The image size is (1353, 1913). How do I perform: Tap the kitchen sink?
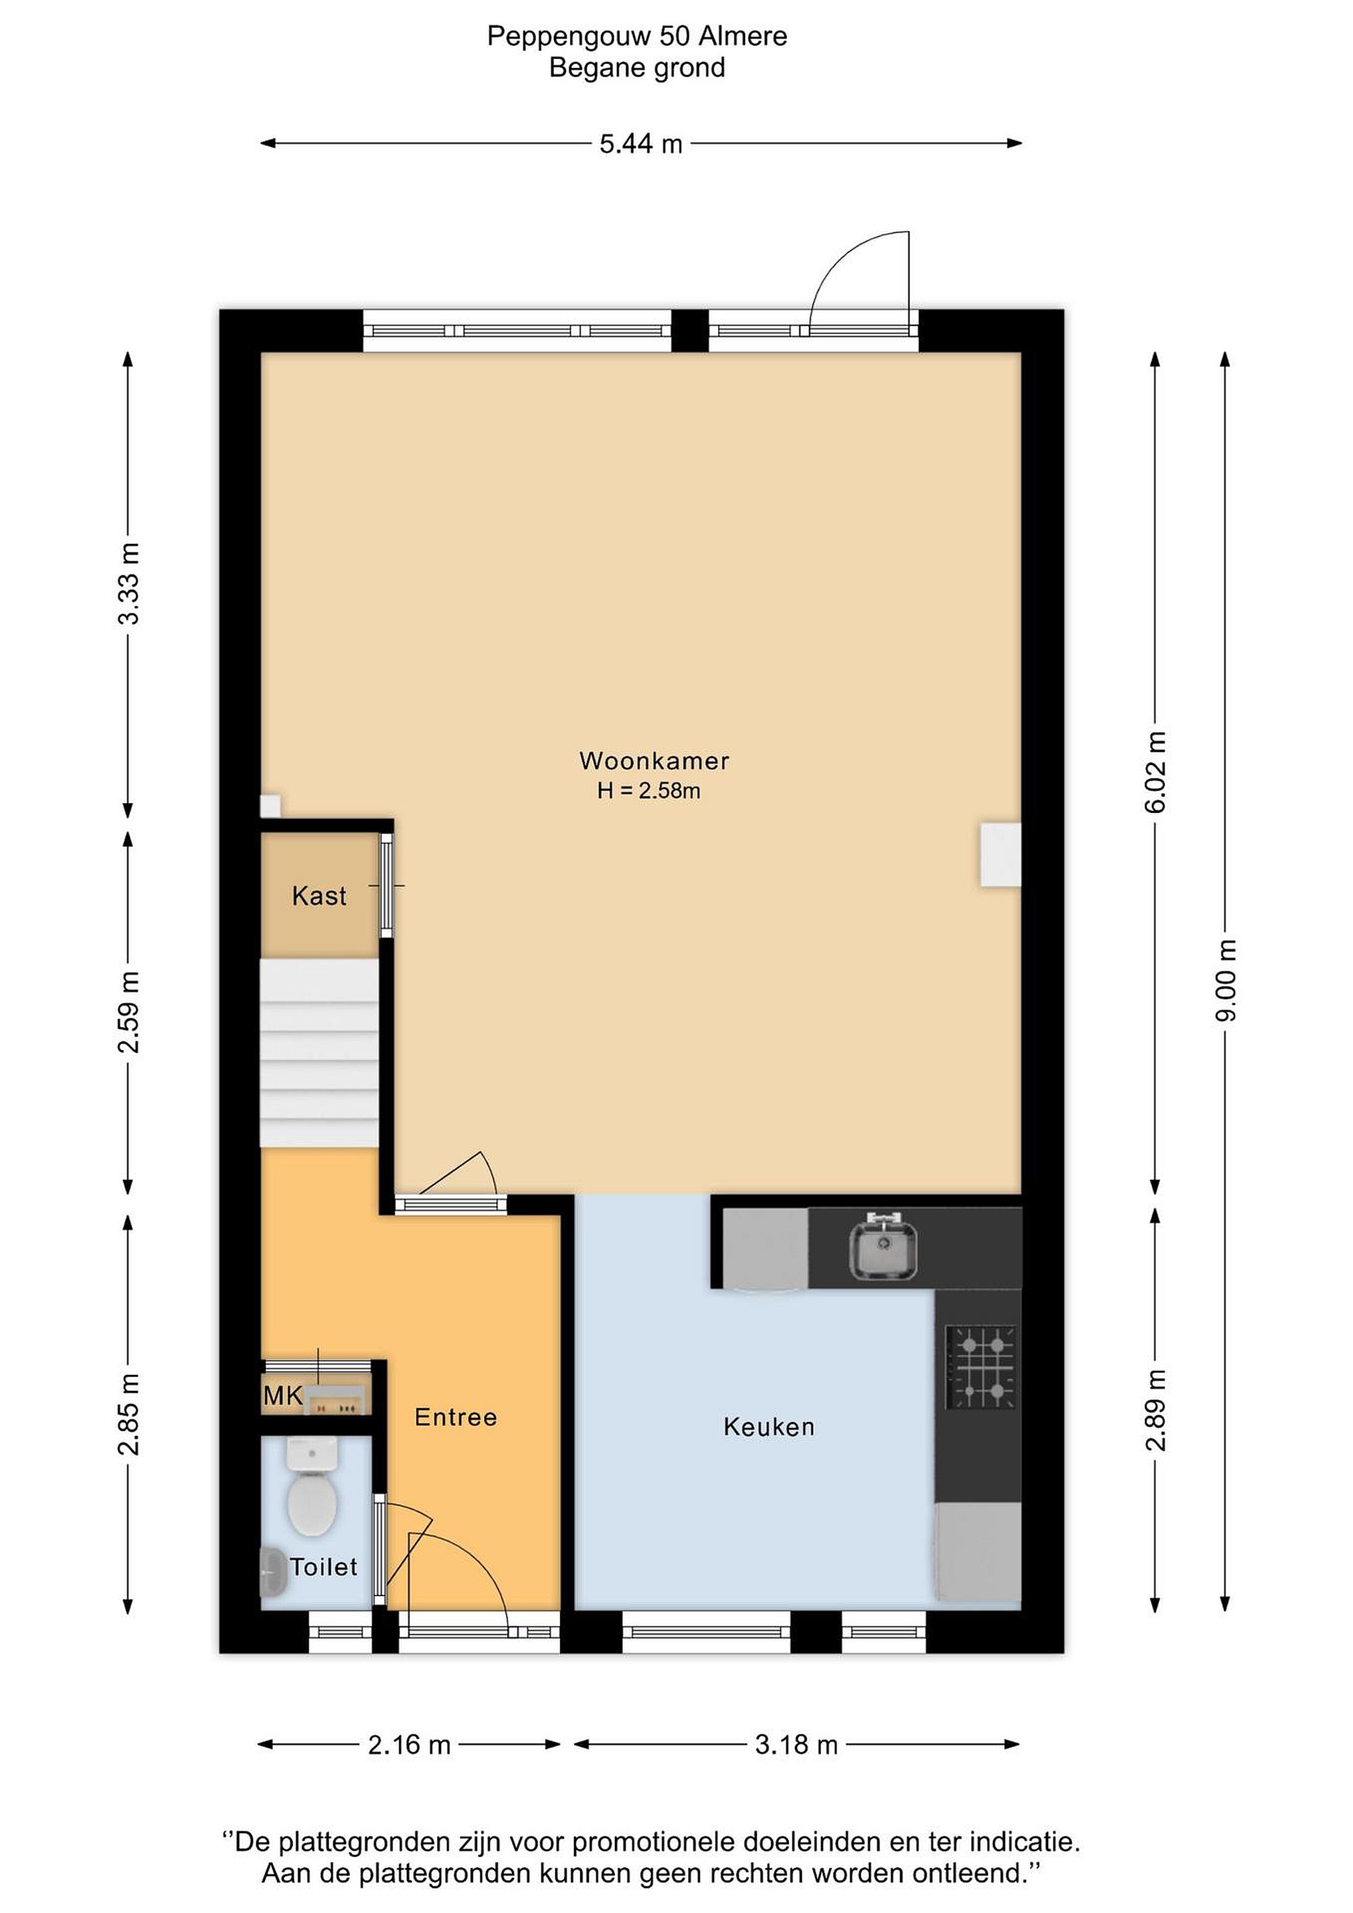coord(883,1247)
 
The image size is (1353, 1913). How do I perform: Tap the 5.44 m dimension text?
coord(641,144)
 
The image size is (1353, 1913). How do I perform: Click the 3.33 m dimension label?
coord(129,583)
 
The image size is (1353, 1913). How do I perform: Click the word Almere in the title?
coord(743,36)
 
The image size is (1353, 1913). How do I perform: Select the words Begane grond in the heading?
coord(638,68)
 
